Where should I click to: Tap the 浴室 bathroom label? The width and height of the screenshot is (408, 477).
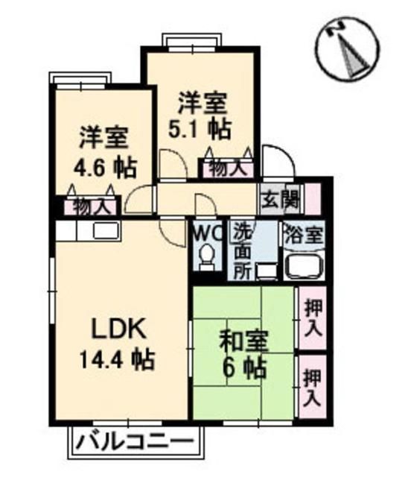pyautogui.click(x=302, y=235)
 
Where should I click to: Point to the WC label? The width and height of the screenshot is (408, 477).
pyautogui.click(x=208, y=233)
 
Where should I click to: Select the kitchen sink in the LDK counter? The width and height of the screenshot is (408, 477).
pyautogui.click(x=103, y=231)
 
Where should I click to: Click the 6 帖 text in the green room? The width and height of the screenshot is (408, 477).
pyautogui.click(x=245, y=367)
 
